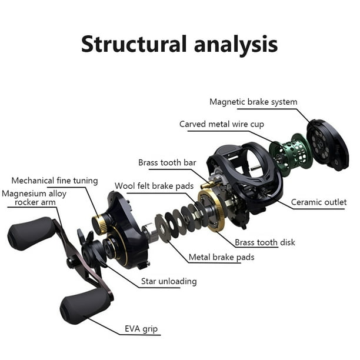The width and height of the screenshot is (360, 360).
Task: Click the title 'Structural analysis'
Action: (179, 44)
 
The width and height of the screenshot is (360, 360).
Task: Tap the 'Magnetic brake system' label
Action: (254, 102)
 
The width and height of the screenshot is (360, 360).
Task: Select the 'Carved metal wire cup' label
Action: (222, 124)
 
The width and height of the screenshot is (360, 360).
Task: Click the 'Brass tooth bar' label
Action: (167, 162)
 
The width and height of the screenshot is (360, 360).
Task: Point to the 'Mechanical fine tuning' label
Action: (55, 181)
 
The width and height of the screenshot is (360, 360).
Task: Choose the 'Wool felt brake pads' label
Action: (154, 186)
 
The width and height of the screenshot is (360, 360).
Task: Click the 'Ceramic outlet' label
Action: (319, 202)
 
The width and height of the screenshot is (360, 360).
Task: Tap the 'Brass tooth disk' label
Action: (265, 242)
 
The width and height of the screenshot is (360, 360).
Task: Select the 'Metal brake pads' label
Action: (221, 257)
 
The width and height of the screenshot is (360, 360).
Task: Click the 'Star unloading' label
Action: (169, 281)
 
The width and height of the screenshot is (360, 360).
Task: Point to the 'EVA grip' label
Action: (141, 329)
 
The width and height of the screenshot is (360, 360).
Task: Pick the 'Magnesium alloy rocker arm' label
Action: (34, 198)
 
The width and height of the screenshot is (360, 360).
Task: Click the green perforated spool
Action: (291, 155)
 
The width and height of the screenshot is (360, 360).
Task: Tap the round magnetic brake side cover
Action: (327, 145)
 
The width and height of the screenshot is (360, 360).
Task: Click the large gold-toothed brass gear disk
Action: (212, 210)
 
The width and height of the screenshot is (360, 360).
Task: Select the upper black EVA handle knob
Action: (31, 234)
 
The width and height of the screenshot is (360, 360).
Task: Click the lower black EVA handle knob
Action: (84, 305)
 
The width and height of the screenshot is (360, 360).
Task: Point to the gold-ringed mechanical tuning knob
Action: (99, 225)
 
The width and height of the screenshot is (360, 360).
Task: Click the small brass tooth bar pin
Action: (207, 184)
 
